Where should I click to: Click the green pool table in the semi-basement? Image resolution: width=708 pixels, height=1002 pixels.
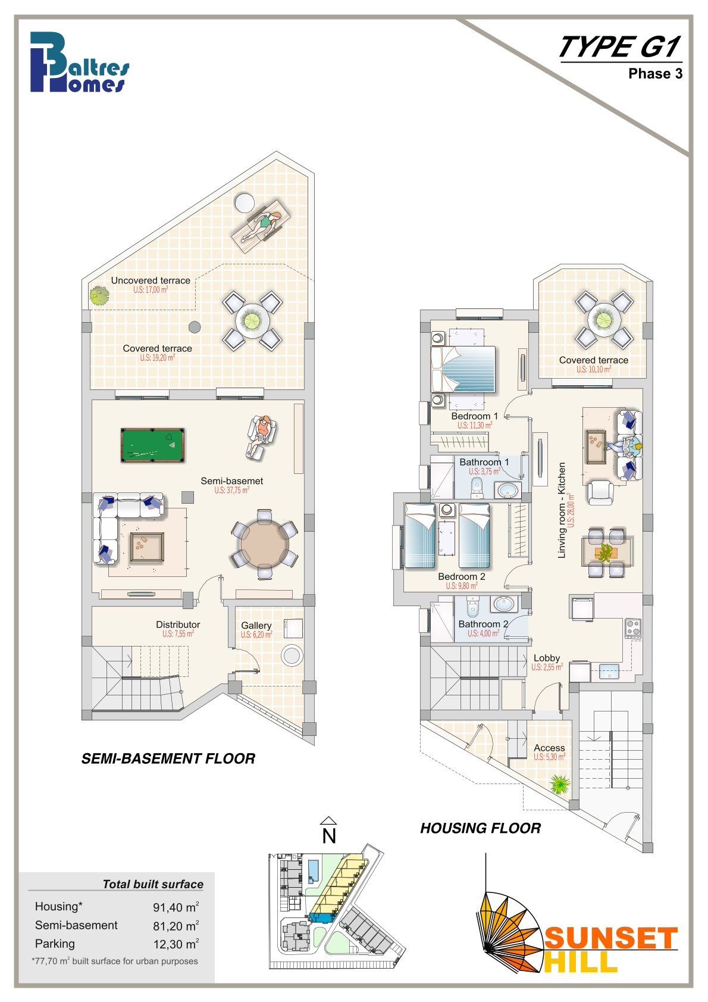[153, 445]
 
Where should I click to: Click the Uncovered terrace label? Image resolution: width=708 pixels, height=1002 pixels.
[151, 280]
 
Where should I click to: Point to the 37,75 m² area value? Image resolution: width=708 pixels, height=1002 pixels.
[231, 490]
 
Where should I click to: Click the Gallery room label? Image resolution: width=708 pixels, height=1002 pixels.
[256, 625]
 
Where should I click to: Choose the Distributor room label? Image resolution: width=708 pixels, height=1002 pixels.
[178, 625]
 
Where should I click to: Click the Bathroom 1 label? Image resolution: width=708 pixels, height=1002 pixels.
[484, 462]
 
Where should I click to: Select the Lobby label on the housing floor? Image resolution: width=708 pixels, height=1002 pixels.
[547, 658]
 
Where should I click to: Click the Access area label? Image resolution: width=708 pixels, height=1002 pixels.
[549, 748]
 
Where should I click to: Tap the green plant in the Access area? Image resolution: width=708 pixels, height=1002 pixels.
[560, 784]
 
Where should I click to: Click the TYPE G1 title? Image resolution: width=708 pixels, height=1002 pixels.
[620, 47]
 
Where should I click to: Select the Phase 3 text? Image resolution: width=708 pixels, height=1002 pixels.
[655, 74]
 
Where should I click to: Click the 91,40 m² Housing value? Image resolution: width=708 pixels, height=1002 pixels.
[176, 907]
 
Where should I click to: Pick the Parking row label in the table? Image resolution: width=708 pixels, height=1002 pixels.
[55, 944]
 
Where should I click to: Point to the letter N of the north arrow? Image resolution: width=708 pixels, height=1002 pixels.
[329, 836]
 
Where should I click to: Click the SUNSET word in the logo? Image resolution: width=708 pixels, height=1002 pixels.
[610, 938]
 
